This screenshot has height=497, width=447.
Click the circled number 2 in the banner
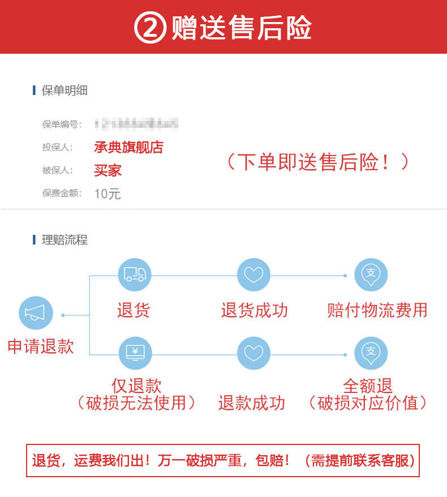point(150,28)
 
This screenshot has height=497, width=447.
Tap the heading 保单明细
point(65,90)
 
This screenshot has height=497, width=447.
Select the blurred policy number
point(136,124)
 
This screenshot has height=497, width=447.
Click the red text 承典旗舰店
point(128,148)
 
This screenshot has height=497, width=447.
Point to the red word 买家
point(108,170)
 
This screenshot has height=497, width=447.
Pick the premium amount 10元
point(108,194)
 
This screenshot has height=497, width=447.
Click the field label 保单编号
point(62,124)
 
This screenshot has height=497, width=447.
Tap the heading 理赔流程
point(65,240)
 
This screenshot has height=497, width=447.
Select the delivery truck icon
point(135,275)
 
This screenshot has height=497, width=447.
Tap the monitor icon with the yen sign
point(135,353)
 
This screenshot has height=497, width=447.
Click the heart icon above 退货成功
point(253,275)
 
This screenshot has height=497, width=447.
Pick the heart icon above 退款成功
point(253,353)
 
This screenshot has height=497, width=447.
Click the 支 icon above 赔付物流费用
point(371,275)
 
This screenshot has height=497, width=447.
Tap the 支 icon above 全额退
point(371,353)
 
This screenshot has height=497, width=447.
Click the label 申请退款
point(41,346)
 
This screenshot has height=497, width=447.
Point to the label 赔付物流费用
point(377,310)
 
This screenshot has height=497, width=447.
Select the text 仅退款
point(136,386)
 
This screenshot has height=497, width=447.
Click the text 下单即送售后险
point(317,162)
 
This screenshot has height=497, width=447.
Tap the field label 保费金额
point(62,193)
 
